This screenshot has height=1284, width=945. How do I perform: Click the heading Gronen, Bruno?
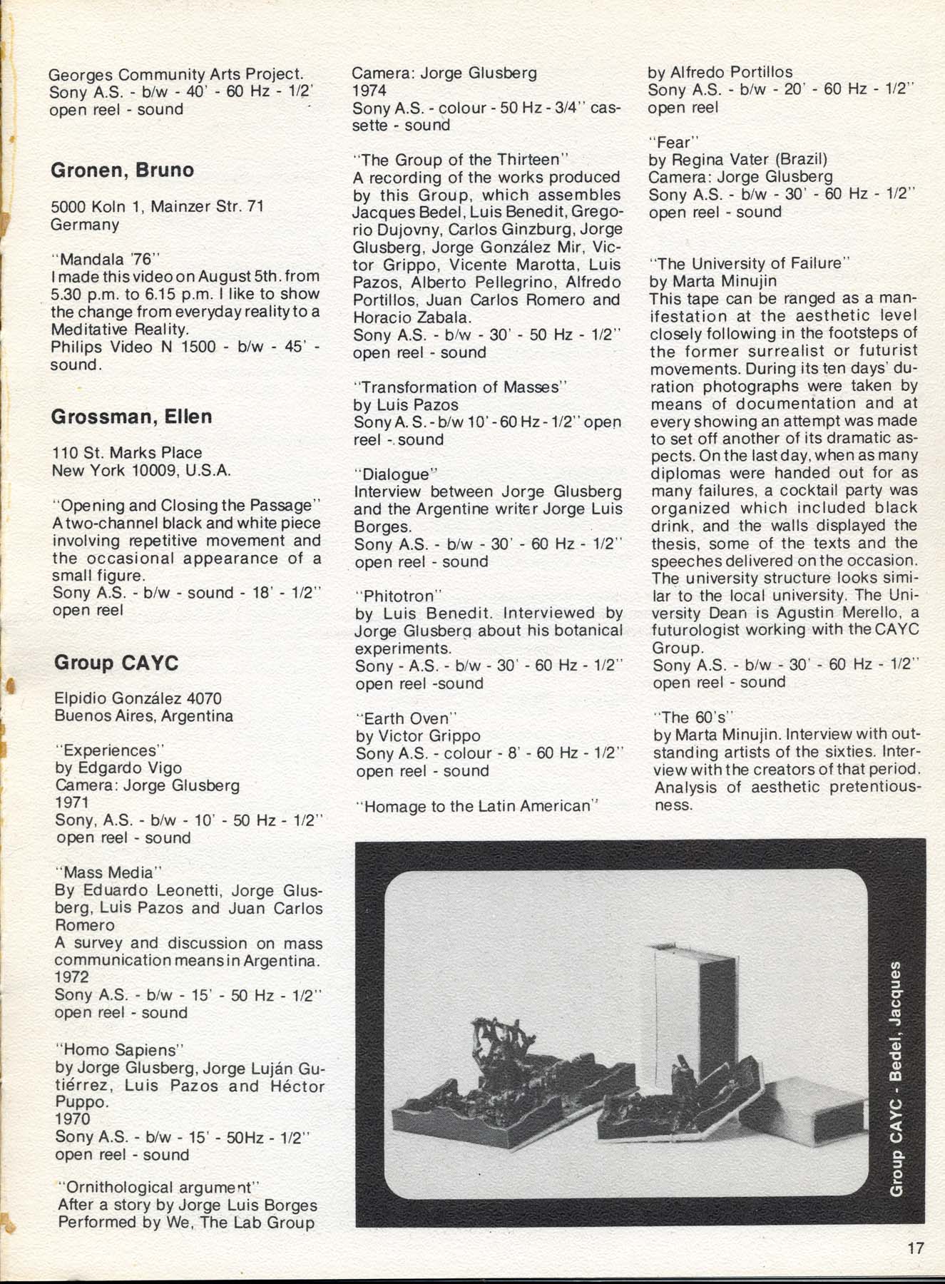(122, 170)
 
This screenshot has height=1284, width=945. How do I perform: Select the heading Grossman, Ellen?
(131, 417)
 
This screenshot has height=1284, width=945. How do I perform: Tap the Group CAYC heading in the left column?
(116, 663)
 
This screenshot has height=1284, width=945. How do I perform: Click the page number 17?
(916, 1248)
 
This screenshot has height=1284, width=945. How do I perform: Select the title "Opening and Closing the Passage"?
(187, 506)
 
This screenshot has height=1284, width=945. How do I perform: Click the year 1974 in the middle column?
(369, 91)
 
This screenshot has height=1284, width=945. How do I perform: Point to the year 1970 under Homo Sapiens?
(73, 1119)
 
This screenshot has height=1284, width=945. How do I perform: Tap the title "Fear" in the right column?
(673, 143)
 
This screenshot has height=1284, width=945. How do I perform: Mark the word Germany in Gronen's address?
(85, 225)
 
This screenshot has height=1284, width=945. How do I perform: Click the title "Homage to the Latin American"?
(477, 806)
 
